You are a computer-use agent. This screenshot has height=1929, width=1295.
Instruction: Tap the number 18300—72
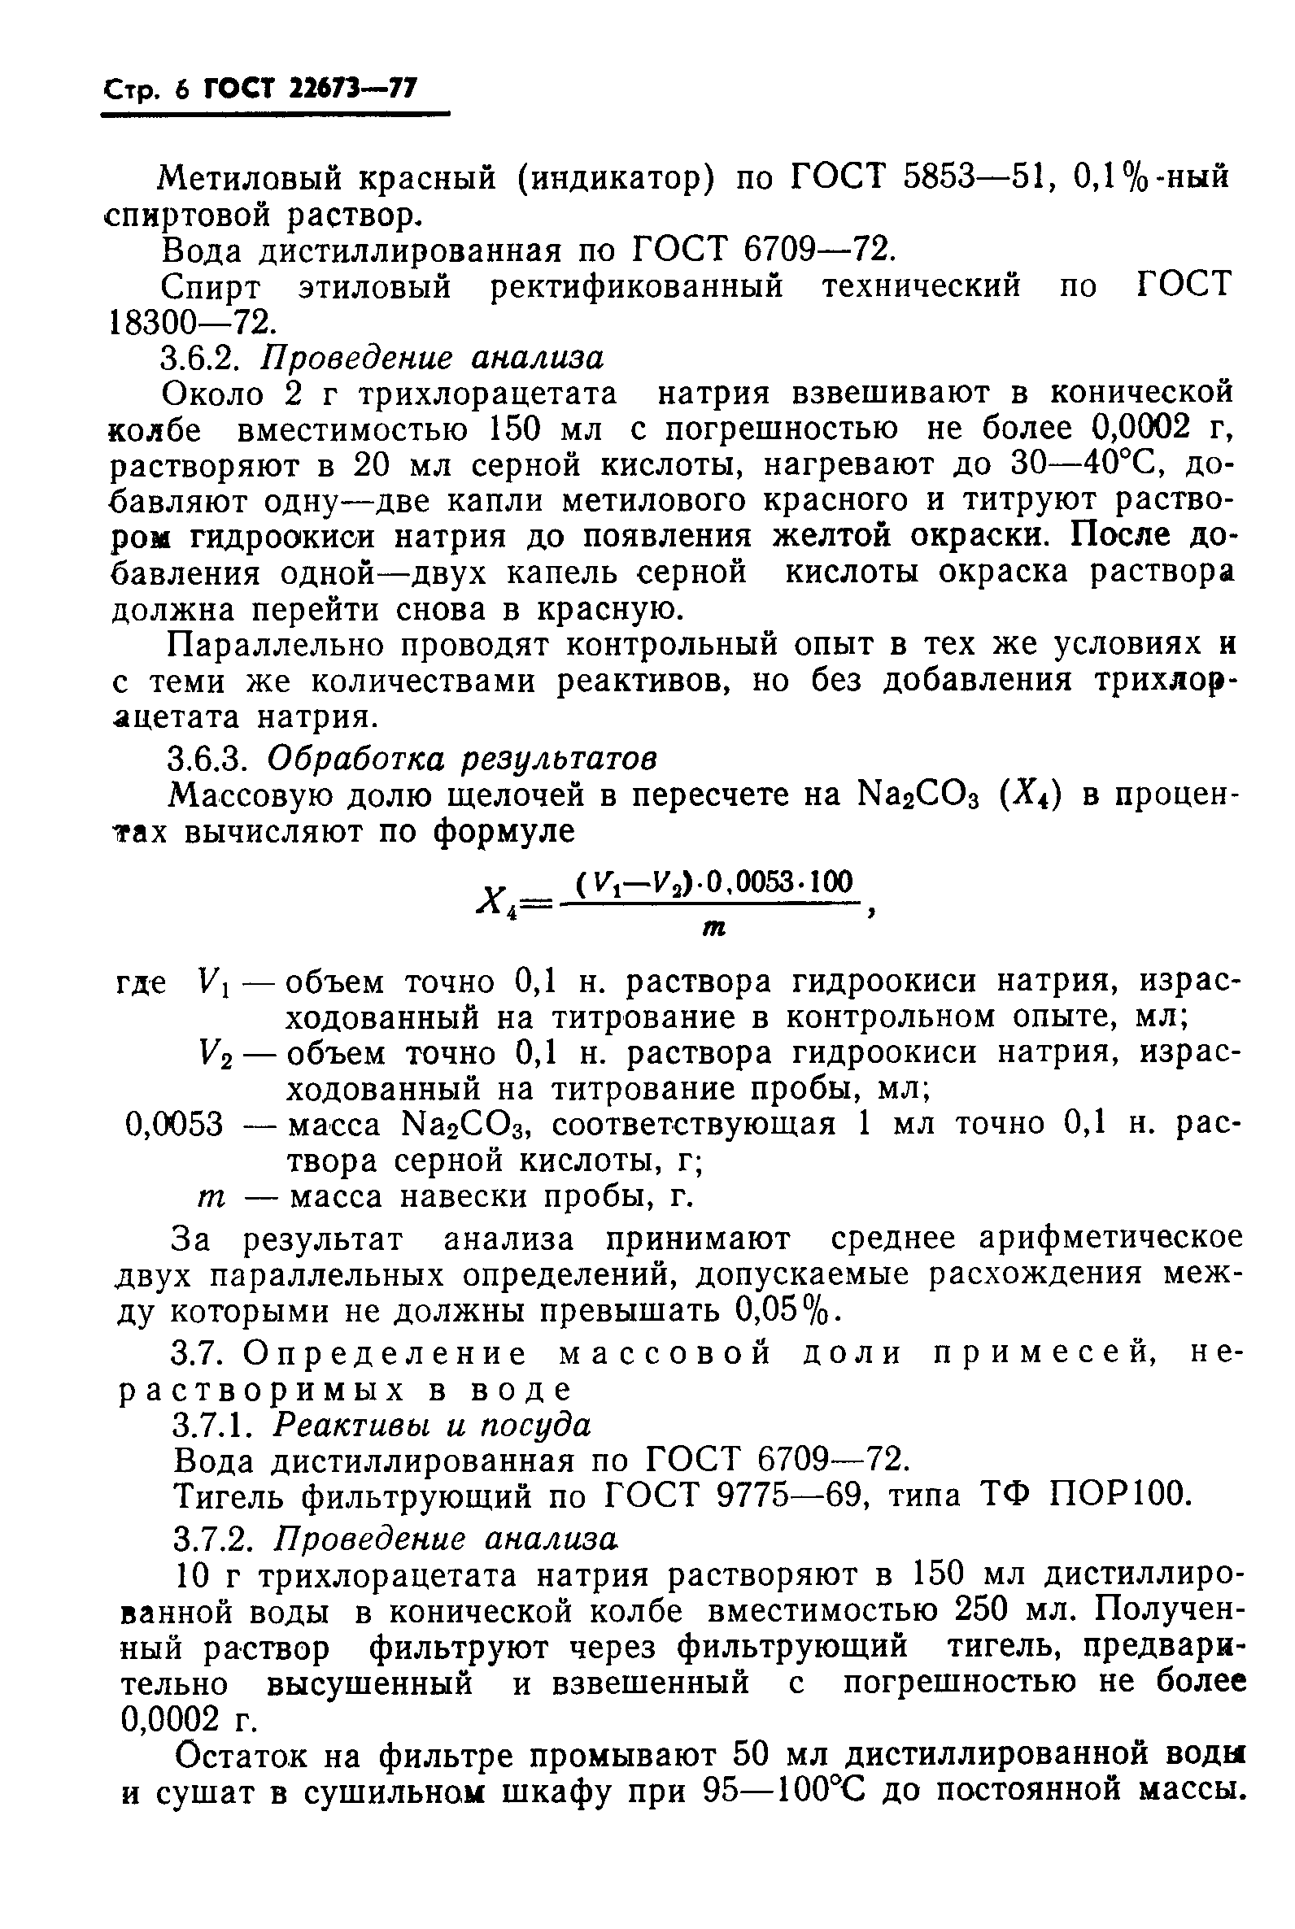190,322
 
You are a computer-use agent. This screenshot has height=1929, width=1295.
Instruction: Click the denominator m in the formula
713,928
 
